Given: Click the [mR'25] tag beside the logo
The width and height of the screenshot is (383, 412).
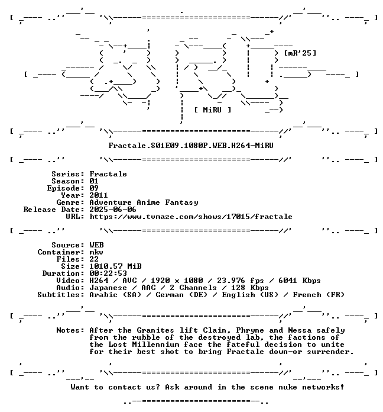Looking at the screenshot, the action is [300, 53].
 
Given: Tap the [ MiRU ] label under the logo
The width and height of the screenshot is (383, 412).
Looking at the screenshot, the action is [213, 110].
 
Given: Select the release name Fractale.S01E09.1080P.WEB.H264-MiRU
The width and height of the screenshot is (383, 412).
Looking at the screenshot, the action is [191, 146].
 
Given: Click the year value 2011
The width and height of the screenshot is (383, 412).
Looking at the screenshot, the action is [98, 195].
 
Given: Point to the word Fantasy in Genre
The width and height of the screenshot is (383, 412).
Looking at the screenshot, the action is [181, 202].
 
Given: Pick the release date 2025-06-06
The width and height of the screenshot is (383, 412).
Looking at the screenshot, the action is [113, 210].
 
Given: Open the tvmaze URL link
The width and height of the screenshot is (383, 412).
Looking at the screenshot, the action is [191, 217].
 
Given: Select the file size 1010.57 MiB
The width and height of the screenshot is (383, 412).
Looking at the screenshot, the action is [115, 266].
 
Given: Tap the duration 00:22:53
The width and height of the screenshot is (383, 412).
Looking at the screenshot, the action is [108, 273].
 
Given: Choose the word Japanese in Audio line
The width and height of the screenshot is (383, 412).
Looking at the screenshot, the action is [108, 288].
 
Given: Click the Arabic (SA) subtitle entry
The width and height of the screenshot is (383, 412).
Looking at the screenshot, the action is [115, 295].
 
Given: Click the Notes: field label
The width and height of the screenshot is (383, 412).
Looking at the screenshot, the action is [70, 330].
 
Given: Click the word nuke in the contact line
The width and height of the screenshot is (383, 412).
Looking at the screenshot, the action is [288, 387].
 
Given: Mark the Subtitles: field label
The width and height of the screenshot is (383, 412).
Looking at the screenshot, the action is [61, 295].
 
